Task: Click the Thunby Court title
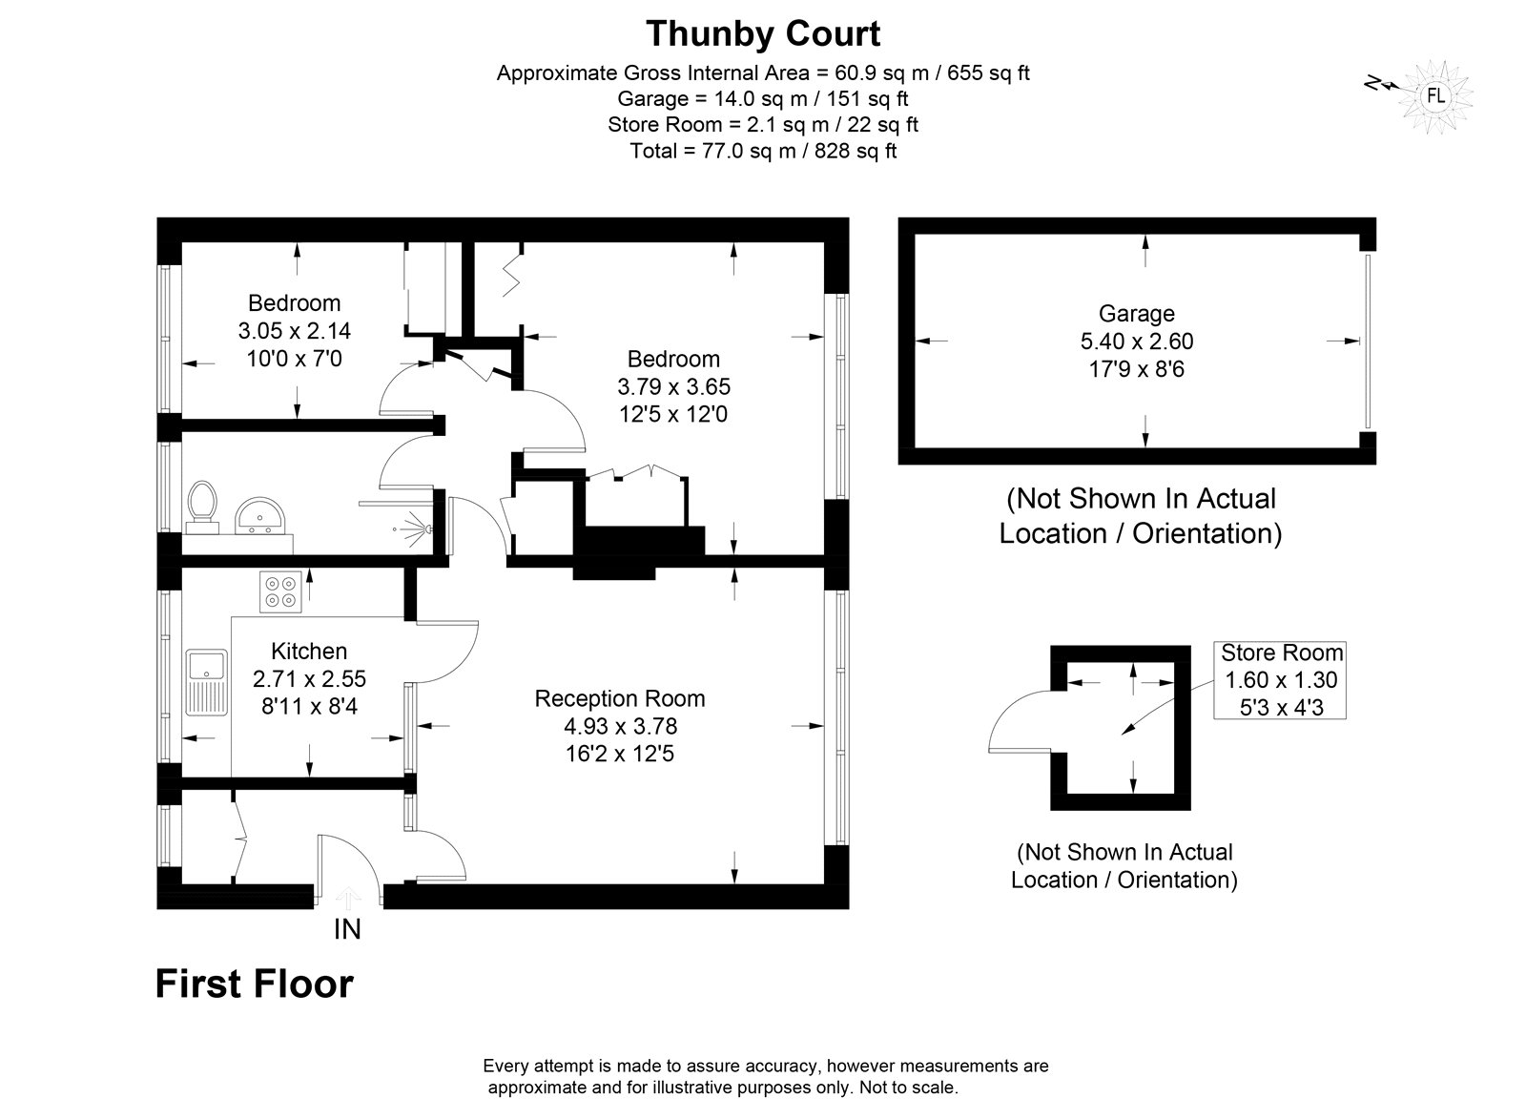click(763, 34)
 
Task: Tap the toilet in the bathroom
click(201, 508)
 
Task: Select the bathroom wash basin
click(258, 516)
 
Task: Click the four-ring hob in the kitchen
click(280, 591)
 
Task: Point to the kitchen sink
click(206, 682)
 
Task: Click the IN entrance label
click(347, 929)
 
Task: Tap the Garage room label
click(1136, 314)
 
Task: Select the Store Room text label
click(1282, 653)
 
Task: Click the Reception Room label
click(619, 698)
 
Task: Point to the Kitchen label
click(309, 652)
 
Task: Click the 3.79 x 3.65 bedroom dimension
click(673, 386)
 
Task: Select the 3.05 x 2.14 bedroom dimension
click(295, 330)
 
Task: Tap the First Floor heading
click(255, 984)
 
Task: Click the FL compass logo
click(1435, 96)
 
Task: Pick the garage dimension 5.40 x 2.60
click(1136, 341)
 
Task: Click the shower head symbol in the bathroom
click(417, 528)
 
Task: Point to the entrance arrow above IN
click(348, 899)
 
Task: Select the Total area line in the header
click(763, 151)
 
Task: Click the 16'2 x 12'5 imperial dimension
click(619, 754)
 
